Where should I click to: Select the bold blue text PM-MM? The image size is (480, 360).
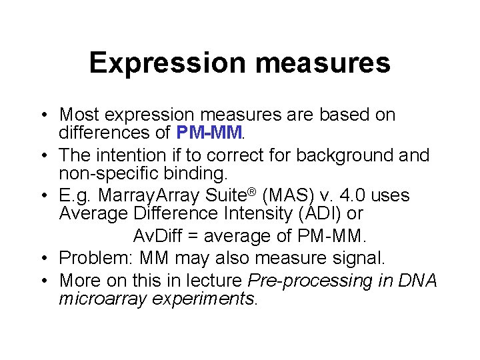tap(209, 133)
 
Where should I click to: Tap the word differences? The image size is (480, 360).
tap(115, 133)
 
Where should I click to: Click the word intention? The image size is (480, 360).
tap(140, 155)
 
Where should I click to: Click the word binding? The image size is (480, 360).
tap(199, 174)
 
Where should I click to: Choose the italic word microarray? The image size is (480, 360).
tap(99, 299)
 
